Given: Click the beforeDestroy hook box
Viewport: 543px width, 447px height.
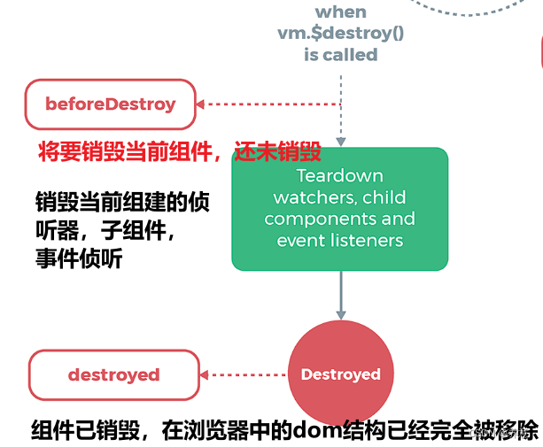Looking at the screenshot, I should pos(111,104).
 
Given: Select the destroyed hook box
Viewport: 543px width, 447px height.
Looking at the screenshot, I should pos(113,374).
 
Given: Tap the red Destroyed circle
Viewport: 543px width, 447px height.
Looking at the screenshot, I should pos(340,374).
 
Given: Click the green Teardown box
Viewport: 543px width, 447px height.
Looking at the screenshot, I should pos(340,208).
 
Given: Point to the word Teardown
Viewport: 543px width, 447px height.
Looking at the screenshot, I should pos(340,175).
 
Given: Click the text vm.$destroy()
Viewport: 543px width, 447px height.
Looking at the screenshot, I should pos(340,33).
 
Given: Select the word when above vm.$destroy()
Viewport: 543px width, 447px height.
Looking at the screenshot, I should pos(340,12).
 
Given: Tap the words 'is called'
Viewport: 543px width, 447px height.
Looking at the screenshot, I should pos(340,54).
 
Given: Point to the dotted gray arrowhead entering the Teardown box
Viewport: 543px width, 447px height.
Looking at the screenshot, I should pos(340,140).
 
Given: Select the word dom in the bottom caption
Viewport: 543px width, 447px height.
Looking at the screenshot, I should pos(303,430).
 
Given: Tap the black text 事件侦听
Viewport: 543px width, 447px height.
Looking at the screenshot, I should pos(79,259).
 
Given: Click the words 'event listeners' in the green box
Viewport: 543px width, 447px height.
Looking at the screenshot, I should pos(340,240).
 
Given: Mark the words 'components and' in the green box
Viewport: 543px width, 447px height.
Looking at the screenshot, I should pos(340,218).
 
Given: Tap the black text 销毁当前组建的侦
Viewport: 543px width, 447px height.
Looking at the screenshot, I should pos(121,200).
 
